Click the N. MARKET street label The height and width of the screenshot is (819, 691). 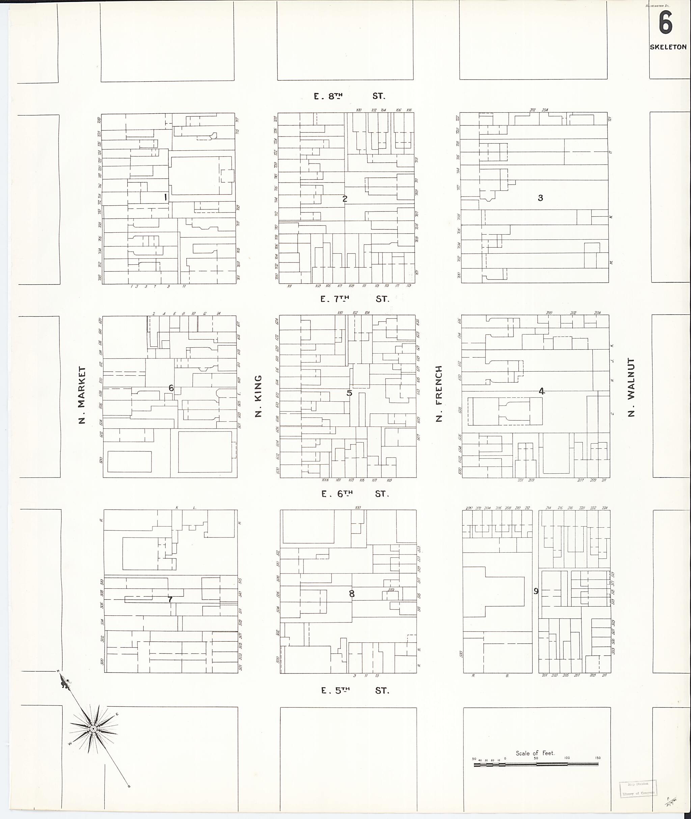pos(82,395)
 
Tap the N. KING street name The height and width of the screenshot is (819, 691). pos(258,396)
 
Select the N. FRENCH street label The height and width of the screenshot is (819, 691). pos(439,393)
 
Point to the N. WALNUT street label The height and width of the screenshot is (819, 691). pos(631,387)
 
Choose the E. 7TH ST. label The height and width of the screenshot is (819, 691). pos(355,299)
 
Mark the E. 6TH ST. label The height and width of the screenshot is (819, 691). pos(355,494)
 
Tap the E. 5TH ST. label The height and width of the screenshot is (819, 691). pos(355,691)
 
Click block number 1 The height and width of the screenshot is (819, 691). pos(166,197)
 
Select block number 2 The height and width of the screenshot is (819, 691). pos(345,199)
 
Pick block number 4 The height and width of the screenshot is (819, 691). pos(541,391)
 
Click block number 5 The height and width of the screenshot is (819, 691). pos(350,393)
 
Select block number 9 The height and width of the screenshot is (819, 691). pos(536,591)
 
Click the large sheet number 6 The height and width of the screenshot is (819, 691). pos(666,23)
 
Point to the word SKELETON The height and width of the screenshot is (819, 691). pos(668,47)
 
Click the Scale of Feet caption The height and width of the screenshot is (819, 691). pos(535,753)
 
